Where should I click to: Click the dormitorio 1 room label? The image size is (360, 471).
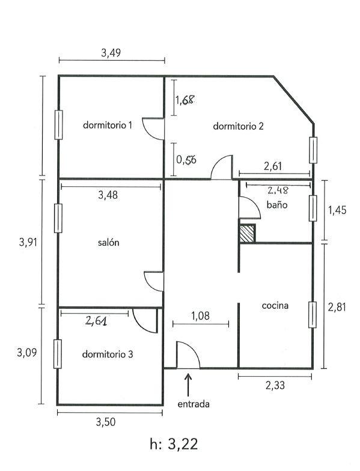tap(107, 125)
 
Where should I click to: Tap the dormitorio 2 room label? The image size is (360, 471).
tap(238, 126)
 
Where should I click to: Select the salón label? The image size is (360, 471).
tap(108, 243)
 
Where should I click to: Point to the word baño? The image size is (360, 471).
tap(277, 205)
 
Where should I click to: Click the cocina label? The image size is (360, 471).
tap(275, 305)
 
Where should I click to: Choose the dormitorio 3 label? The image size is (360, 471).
tap(108, 354)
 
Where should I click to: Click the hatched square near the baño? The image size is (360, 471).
tap(248, 233)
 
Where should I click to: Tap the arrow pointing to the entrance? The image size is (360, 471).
tap(189, 384)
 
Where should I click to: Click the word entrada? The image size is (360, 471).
tap(194, 404)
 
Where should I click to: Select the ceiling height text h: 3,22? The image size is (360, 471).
tap(174, 443)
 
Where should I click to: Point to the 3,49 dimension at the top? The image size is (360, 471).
tap(111, 53)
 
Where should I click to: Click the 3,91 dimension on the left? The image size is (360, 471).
tap(28, 242)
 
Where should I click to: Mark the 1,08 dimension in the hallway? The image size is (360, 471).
tap(201, 316)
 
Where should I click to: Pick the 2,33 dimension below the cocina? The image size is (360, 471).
tap(275, 385)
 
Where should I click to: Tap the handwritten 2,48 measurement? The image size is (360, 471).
tap(278, 190)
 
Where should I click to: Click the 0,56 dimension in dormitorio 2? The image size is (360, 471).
tap(186, 160)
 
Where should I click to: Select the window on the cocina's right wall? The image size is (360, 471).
tap(313, 315)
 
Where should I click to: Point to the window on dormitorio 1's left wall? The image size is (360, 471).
tap(58, 125)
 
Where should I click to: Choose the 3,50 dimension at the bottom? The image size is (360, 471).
tap(106, 422)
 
